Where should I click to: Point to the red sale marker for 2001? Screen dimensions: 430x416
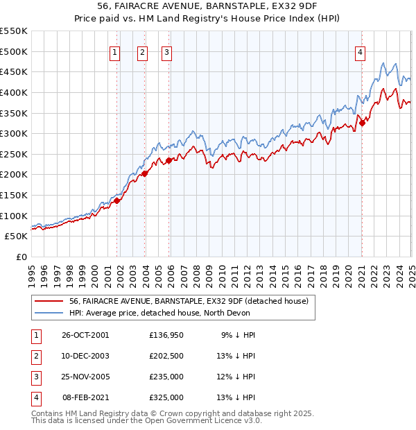click(x=117, y=201)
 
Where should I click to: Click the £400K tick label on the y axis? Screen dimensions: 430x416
click(x=15, y=92)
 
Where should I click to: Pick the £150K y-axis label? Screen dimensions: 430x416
click(x=15, y=195)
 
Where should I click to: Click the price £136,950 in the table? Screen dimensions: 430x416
click(x=166, y=334)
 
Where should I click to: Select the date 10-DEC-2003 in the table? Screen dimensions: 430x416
click(x=85, y=357)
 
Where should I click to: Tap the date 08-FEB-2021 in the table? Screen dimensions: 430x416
click(x=85, y=397)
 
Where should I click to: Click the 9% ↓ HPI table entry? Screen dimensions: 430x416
click(x=238, y=334)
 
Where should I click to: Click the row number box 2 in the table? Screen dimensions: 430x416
click(x=35, y=357)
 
